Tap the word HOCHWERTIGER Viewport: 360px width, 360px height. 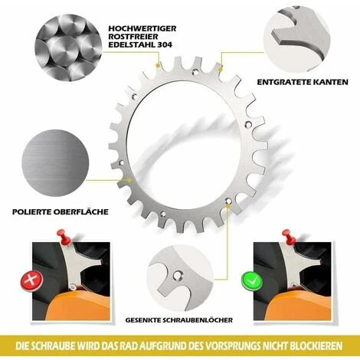point(142,28)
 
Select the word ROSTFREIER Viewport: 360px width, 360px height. point(133,37)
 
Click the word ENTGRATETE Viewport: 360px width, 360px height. point(283,82)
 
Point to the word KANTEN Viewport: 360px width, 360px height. point(330,82)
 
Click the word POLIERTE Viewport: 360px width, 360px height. point(31,211)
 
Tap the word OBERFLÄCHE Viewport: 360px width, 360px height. point(80,211)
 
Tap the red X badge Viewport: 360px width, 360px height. point(31,281)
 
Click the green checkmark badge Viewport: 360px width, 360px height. point(252,281)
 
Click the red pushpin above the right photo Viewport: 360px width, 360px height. point(289,237)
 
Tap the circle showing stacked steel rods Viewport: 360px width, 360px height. point(68,47)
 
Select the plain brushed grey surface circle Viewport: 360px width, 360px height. point(55,163)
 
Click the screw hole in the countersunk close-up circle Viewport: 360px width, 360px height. point(177,276)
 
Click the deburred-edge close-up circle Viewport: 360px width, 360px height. point(296,38)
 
